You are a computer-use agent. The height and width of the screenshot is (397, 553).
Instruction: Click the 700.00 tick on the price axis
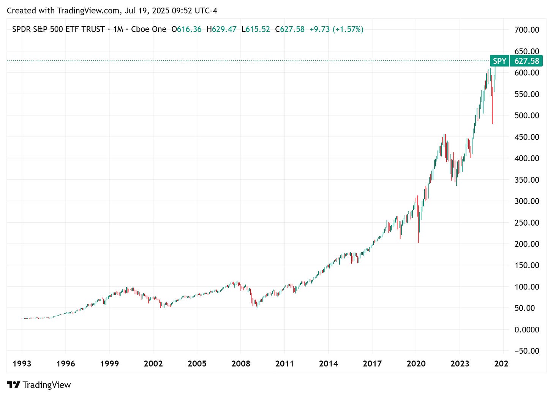526,30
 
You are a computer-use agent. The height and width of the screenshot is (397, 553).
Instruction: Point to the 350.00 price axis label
526,180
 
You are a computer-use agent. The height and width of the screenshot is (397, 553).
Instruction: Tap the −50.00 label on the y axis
526,351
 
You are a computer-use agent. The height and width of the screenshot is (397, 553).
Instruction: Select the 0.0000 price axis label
526,329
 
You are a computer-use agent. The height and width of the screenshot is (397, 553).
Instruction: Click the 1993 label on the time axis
22,364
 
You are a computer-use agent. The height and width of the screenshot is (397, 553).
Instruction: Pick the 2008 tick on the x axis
241,364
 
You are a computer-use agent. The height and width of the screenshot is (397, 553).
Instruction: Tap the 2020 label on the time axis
416,364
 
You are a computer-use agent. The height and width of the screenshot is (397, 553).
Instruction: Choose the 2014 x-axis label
328,364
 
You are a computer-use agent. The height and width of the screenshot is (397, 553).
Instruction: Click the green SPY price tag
499,61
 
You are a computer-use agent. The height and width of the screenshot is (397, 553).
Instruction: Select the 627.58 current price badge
526,61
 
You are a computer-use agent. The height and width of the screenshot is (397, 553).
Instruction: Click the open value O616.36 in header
186,29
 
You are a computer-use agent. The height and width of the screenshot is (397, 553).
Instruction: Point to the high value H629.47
221,29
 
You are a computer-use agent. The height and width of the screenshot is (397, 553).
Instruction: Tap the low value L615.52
256,29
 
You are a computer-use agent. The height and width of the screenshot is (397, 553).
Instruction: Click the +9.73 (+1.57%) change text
336,29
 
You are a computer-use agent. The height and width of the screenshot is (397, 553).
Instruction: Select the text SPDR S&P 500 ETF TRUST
58,29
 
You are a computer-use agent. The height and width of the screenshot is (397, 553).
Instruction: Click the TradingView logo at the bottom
39,385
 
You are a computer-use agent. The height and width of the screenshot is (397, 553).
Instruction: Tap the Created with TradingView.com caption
112,11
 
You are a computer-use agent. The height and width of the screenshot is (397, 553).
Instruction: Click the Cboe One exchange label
149,29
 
